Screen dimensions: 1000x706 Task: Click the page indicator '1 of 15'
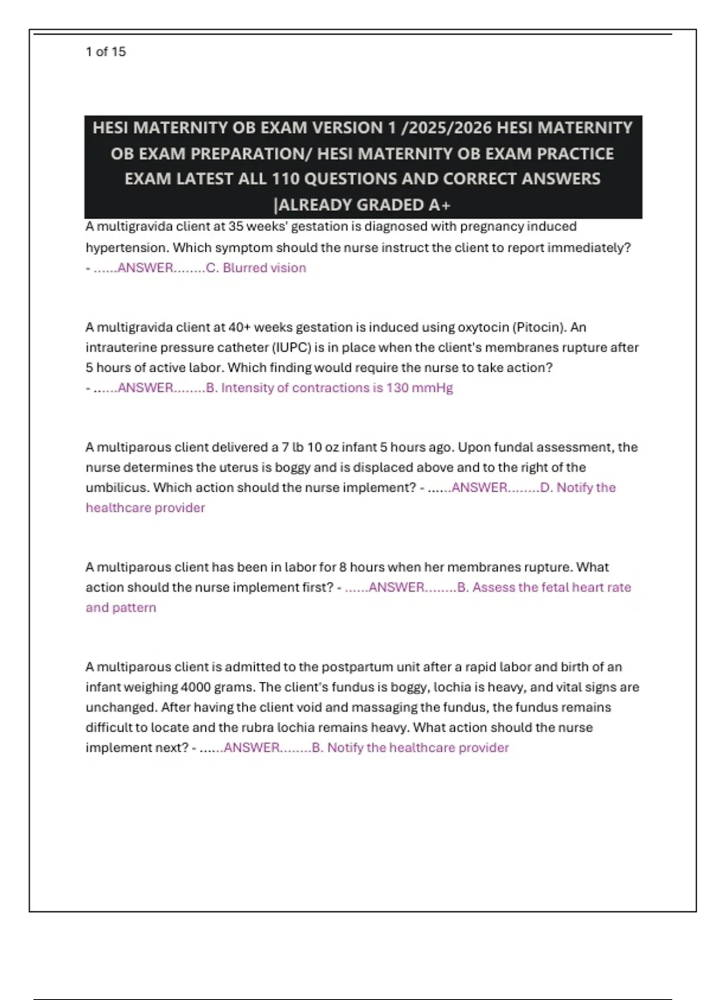pos(106,52)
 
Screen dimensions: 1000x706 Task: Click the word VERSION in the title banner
pos(347,128)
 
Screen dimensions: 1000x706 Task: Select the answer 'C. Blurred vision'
pos(256,268)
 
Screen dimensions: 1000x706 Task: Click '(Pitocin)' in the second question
pos(540,327)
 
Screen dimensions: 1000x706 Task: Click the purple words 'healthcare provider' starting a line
pos(145,508)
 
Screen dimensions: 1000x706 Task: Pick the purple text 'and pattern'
pos(121,608)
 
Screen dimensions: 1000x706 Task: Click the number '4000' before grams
pos(197,687)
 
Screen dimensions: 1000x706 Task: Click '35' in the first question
pos(236,226)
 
